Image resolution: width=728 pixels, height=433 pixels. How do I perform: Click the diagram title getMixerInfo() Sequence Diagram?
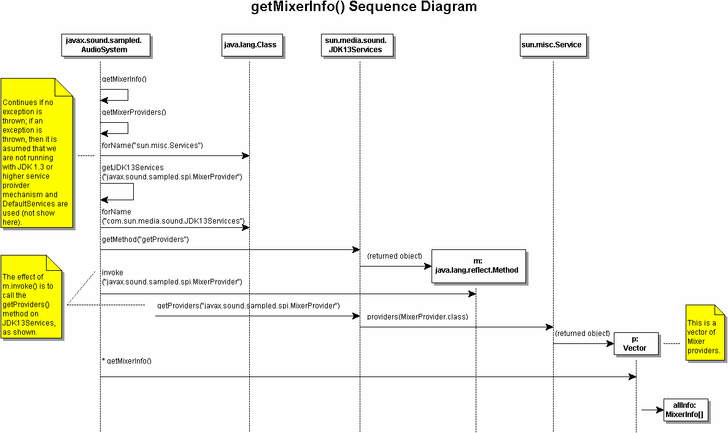[x=364, y=7]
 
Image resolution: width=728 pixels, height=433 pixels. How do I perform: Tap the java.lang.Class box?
[x=250, y=45]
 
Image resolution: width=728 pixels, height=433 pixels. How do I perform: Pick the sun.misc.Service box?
[x=551, y=45]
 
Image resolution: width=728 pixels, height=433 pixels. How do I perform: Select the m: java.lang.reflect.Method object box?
[x=479, y=266]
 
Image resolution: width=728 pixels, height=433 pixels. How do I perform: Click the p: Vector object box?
[x=635, y=344]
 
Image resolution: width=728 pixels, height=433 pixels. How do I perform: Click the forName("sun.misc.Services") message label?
[x=152, y=146]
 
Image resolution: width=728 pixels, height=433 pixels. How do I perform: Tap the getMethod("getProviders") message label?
[x=145, y=240]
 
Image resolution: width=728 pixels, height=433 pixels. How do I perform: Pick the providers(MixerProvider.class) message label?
[x=417, y=317]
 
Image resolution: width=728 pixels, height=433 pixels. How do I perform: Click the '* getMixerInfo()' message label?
[x=126, y=361]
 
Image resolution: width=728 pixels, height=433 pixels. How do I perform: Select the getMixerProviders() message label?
[x=134, y=112]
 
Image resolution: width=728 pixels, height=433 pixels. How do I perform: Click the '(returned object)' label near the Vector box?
[x=582, y=334]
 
